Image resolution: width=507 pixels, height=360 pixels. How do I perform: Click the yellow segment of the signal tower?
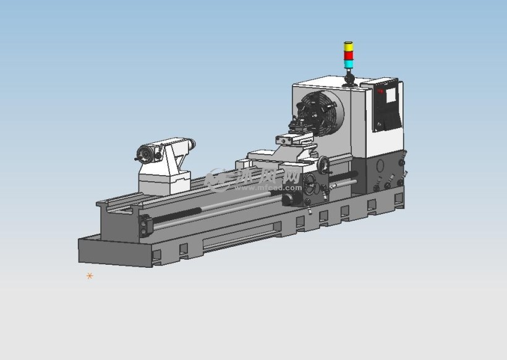click(x=349, y=47)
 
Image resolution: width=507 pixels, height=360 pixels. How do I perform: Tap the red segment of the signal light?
click(x=349, y=54)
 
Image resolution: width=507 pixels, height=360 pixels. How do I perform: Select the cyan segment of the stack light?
click(x=349, y=63)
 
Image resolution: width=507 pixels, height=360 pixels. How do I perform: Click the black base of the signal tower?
click(x=349, y=79)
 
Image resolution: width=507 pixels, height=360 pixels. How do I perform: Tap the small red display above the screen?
click(x=381, y=91)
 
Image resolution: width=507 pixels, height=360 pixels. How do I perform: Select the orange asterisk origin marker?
click(x=90, y=276)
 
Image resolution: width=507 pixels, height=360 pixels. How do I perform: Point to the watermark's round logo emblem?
click(x=217, y=178)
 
